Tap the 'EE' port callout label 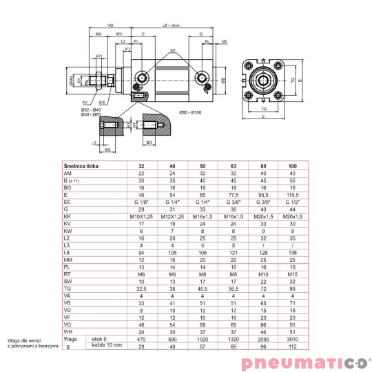173,51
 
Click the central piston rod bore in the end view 263,81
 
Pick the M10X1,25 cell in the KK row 142,216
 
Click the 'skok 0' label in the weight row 101,339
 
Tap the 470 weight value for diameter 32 142,339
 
